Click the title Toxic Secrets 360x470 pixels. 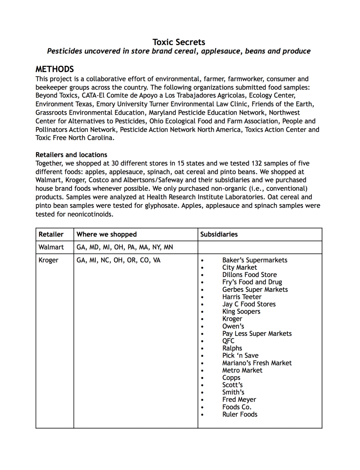(x=179, y=42)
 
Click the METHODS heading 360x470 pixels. (x=54, y=69)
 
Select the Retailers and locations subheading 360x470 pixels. (x=71, y=155)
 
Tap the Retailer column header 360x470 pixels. (x=51, y=234)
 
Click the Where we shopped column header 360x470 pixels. (x=107, y=234)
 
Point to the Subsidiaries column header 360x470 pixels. (x=219, y=234)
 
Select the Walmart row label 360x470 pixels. (x=51, y=247)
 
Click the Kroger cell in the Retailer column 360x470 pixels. (x=49, y=260)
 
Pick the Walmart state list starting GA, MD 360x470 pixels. (x=124, y=247)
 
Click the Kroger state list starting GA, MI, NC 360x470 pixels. (x=118, y=260)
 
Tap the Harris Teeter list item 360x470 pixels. (x=242, y=297)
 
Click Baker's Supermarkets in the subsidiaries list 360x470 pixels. (x=255, y=260)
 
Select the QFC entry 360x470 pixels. (x=228, y=341)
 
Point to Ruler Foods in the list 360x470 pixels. (x=240, y=414)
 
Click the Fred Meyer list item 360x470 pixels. (x=239, y=399)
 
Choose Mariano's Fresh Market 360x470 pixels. (x=257, y=363)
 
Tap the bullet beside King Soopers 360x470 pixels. (x=202, y=312)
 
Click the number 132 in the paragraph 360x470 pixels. (x=256, y=163)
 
